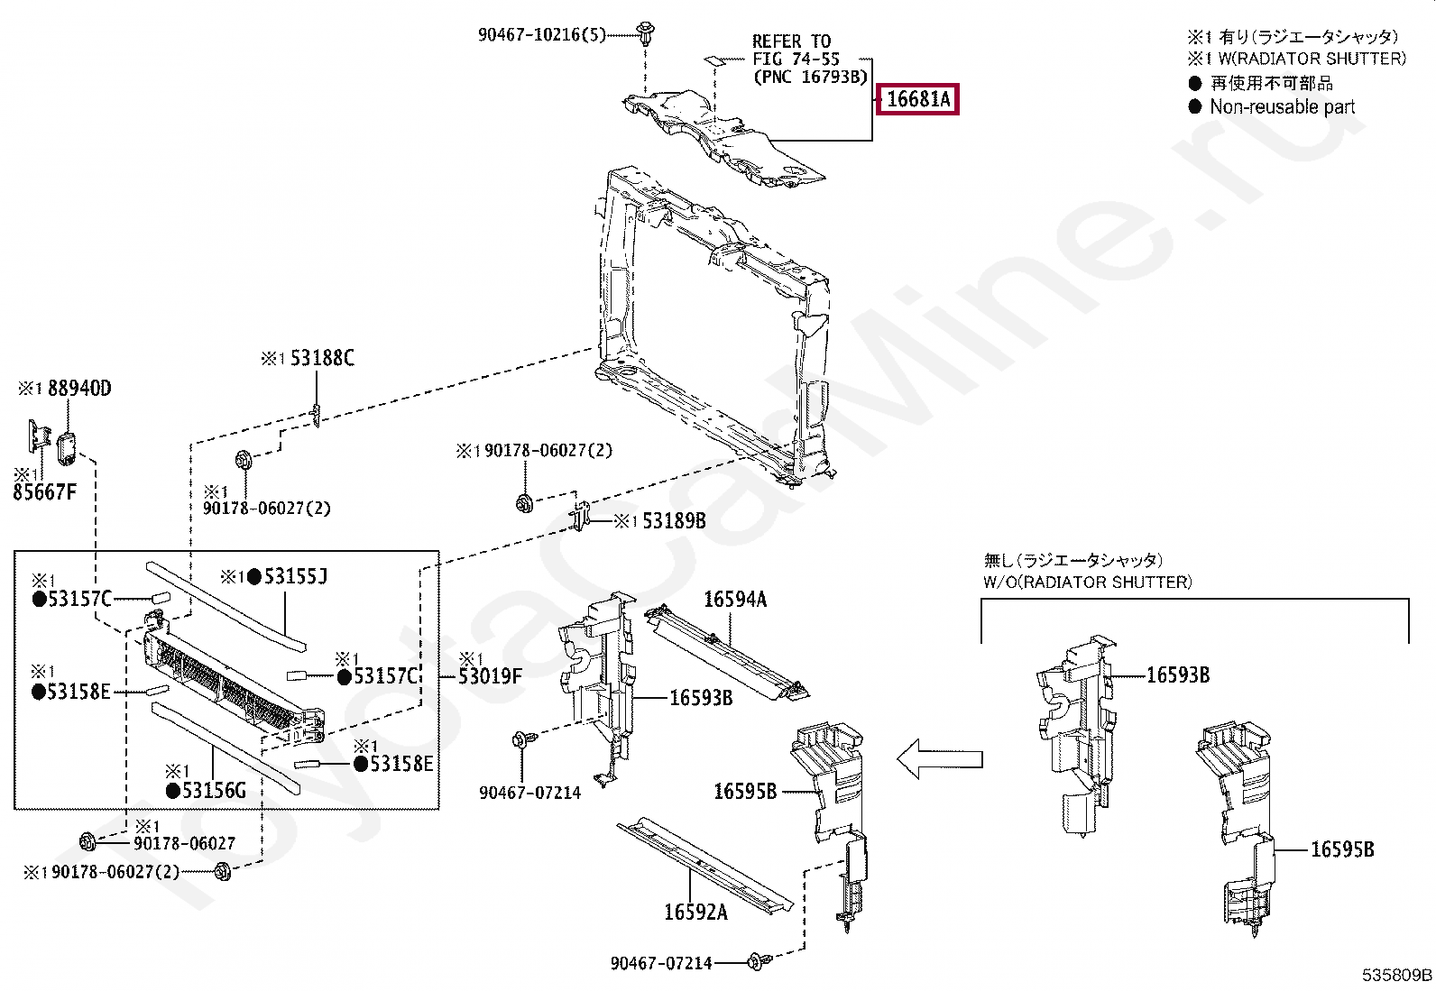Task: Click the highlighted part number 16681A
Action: tap(918, 99)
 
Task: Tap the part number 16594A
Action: tap(735, 599)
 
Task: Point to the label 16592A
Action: tap(695, 912)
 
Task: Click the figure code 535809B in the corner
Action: tap(1397, 976)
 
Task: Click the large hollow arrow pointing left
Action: tap(938, 759)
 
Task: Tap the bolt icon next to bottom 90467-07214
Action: tap(757, 962)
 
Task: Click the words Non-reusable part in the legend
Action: tap(1282, 106)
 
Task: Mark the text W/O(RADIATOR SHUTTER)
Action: tap(1087, 582)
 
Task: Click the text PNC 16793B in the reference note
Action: tap(810, 77)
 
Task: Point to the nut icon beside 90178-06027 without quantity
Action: tap(87, 843)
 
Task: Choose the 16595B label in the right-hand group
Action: tap(1342, 849)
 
